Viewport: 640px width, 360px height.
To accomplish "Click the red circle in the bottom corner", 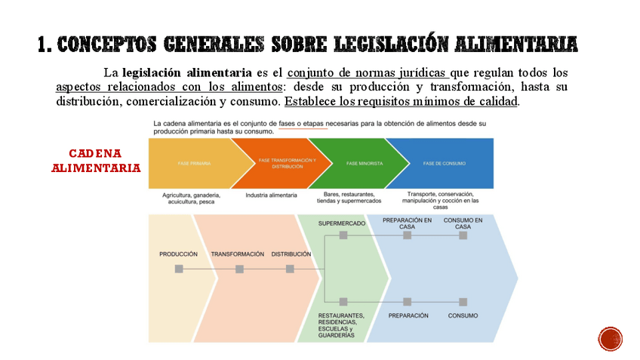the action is pyautogui.click(x=611, y=339).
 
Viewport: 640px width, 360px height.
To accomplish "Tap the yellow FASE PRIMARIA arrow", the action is pyautogui.click(x=195, y=163).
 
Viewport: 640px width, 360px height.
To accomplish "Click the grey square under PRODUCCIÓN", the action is pyautogui.click(x=179, y=269).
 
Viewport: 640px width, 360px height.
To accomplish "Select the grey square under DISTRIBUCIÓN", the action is pyautogui.click(x=290, y=269).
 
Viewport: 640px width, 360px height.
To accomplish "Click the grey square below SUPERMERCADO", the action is pyautogui.click(x=343, y=235).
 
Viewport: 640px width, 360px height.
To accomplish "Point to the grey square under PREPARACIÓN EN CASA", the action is pyautogui.click(x=407, y=235).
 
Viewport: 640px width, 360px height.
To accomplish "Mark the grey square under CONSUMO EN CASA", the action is pyautogui.click(x=463, y=235).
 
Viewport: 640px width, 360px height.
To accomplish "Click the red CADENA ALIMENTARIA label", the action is pyautogui.click(x=96, y=161).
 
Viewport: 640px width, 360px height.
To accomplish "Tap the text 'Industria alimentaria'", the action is pyautogui.click(x=271, y=195).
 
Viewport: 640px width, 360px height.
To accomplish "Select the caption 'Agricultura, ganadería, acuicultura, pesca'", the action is pyautogui.click(x=191, y=198).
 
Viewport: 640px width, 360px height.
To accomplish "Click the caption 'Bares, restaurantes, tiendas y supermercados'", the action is pyautogui.click(x=349, y=198).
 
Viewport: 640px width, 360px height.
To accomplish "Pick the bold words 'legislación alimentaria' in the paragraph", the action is pyautogui.click(x=187, y=73).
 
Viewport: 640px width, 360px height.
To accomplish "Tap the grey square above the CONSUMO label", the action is pyautogui.click(x=463, y=302).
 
